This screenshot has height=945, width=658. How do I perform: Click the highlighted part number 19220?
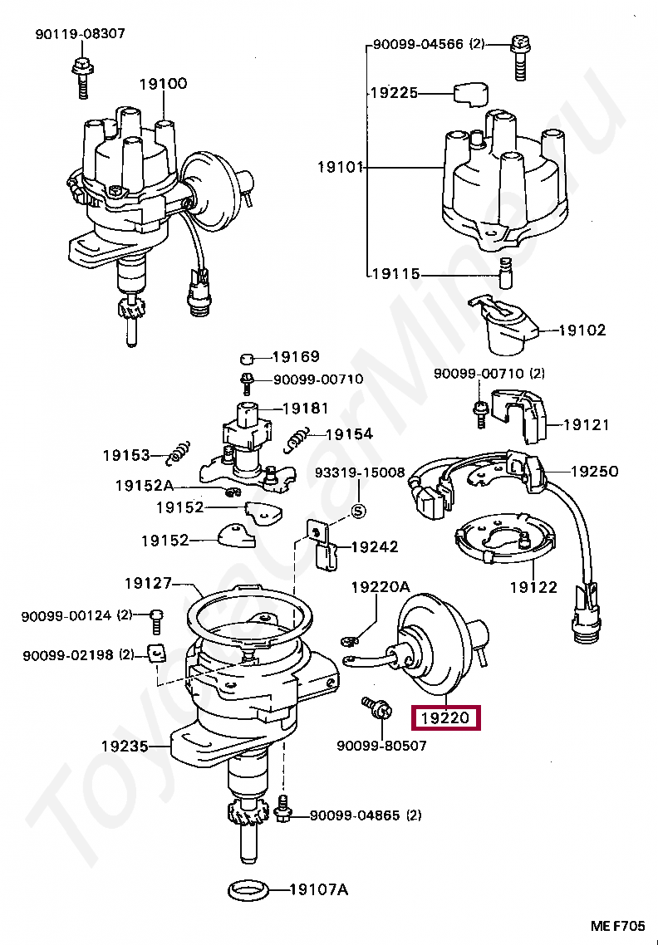pyautogui.click(x=445, y=717)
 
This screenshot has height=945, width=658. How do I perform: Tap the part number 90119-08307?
pyautogui.click(x=81, y=34)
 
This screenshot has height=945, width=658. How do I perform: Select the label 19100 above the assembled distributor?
pyautogui.click(x=163, y=83)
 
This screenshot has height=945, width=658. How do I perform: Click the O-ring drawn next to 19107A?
pyautogui.click(x=250, y=889)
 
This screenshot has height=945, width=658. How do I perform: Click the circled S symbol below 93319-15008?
pyautogui.click(x=358, y=512)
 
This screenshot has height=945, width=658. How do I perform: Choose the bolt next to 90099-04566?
pyautogui.click(x=519, y=58)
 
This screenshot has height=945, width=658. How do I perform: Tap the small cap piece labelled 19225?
pyautogui.click(x=470, y=94)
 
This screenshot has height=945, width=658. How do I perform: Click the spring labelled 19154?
pyautogui.click(x=297, y=438)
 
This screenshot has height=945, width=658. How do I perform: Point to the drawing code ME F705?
pyautogui.click(x=617, y=927)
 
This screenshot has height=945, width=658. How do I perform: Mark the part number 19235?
pyautogui.click(x=125, y=746)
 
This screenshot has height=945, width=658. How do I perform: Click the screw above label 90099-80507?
pyautogui.click(x=377, y=709)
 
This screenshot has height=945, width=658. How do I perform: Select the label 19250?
pyautogui.click(x=594, y=472)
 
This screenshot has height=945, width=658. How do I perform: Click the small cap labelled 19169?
pyautogui.click(x=246, y=360)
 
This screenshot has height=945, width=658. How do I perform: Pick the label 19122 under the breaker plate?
pyautogui.click(x=533, y=586)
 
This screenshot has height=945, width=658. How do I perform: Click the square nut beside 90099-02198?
pyautogui.click(x=156, y=654)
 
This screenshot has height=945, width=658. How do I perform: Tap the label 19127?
pyautogui.click(x=149, y=583)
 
